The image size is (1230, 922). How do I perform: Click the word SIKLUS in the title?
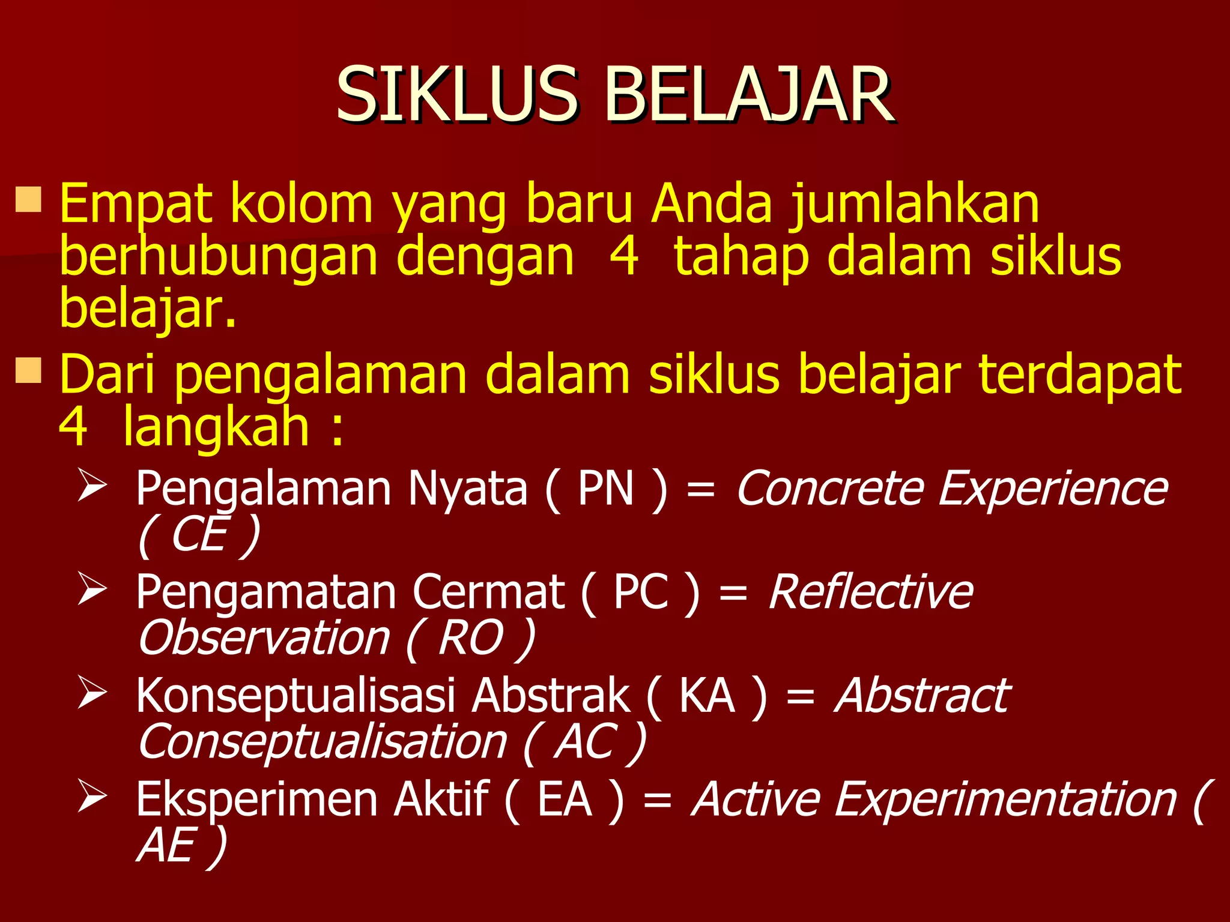coord(456,95)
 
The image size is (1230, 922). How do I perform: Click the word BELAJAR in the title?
coord(748,95)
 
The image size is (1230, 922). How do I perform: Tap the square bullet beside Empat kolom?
coord(28,200)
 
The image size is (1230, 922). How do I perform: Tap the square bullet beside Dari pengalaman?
coord(28,370)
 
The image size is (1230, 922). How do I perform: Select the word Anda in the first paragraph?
coord(711,204)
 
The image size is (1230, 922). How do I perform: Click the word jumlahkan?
coord(914,205)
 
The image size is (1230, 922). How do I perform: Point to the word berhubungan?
coord(217,257)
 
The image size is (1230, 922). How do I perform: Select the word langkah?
coord(216,427)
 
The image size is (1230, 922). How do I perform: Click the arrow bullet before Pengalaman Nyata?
coord(92,486)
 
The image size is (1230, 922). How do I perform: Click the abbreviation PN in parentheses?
coord(605,489)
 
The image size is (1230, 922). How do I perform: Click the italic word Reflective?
coord(871,592)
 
